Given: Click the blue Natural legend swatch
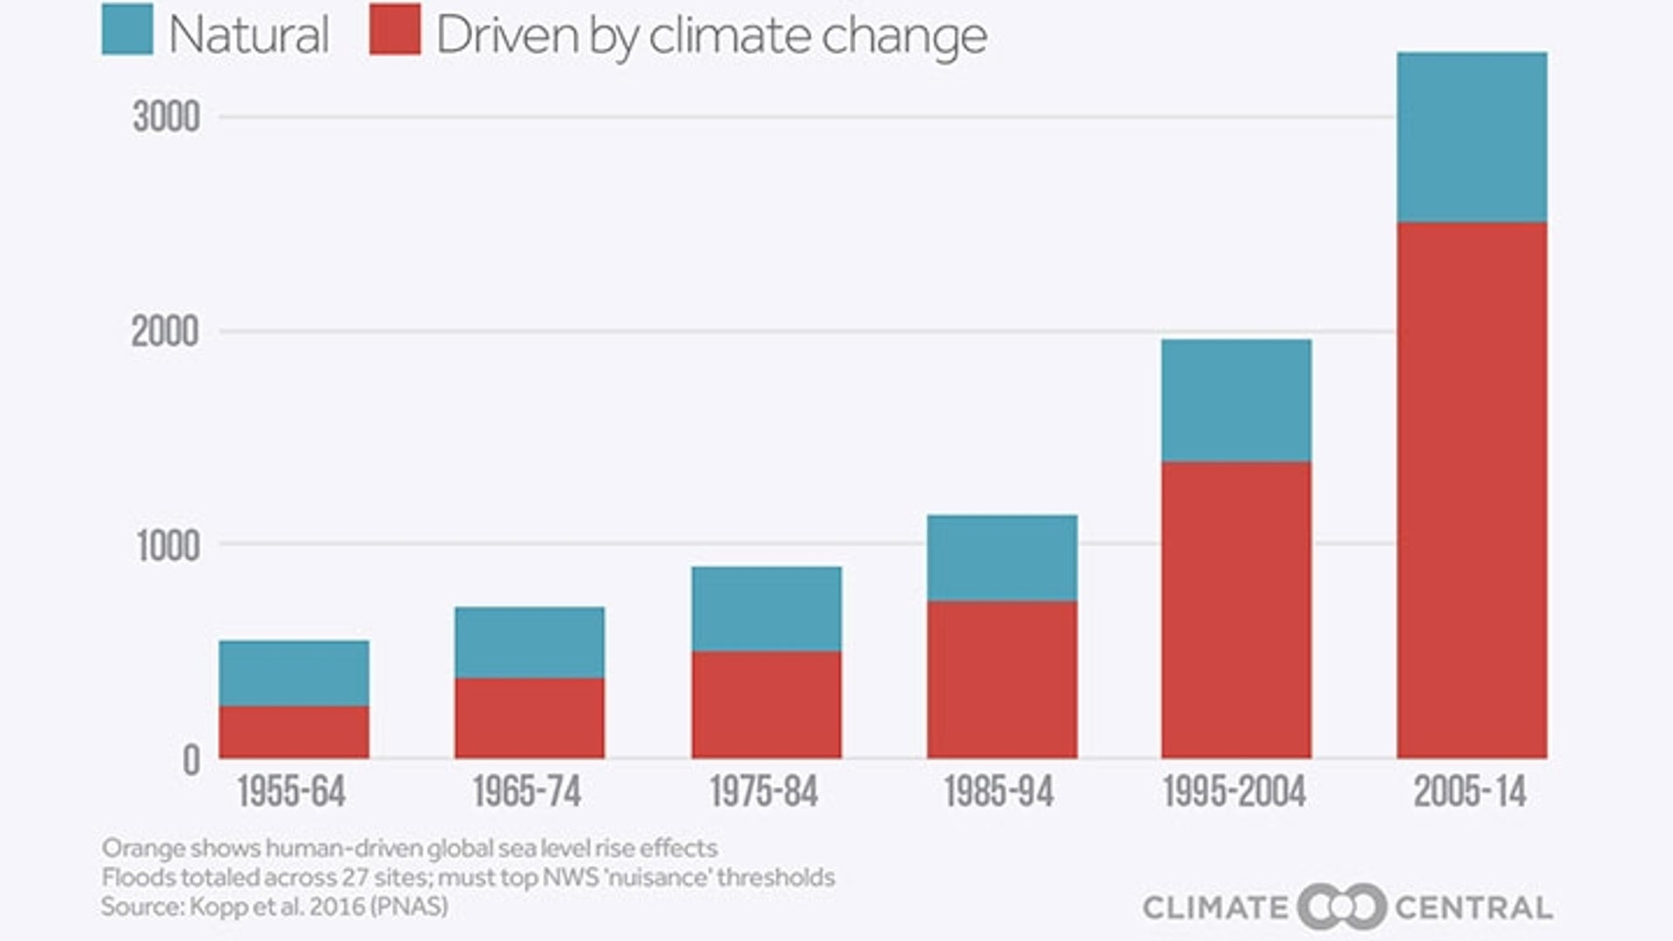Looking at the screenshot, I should tap(127, 30).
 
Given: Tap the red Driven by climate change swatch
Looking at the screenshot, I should tap(395, 30).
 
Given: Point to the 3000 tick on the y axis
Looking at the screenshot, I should tap(166, 116).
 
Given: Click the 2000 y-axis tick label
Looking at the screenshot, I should tap(165, 332).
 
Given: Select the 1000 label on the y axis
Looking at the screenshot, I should tap(168, 546).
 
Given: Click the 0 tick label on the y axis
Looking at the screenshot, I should tap(191, 761).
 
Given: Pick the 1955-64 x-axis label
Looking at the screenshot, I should tap(291, 792).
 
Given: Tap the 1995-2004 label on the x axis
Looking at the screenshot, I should tap(1234, 792).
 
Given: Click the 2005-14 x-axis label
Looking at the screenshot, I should tap(1470, 792).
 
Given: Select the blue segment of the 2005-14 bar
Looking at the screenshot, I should tap(1472, 137).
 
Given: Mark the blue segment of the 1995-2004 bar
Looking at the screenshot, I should tap(1236, 400).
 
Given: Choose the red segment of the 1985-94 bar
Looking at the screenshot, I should tap(1002, 680).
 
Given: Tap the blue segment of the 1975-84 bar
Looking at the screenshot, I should tap(767, 608).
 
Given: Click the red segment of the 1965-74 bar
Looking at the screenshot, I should tap(529, 718).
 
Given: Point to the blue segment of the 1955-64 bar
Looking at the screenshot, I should tap(294, 673).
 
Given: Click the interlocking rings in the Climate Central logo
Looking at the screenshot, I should tap(1342, 907).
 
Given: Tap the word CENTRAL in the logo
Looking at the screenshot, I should tap(1473, 908).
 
